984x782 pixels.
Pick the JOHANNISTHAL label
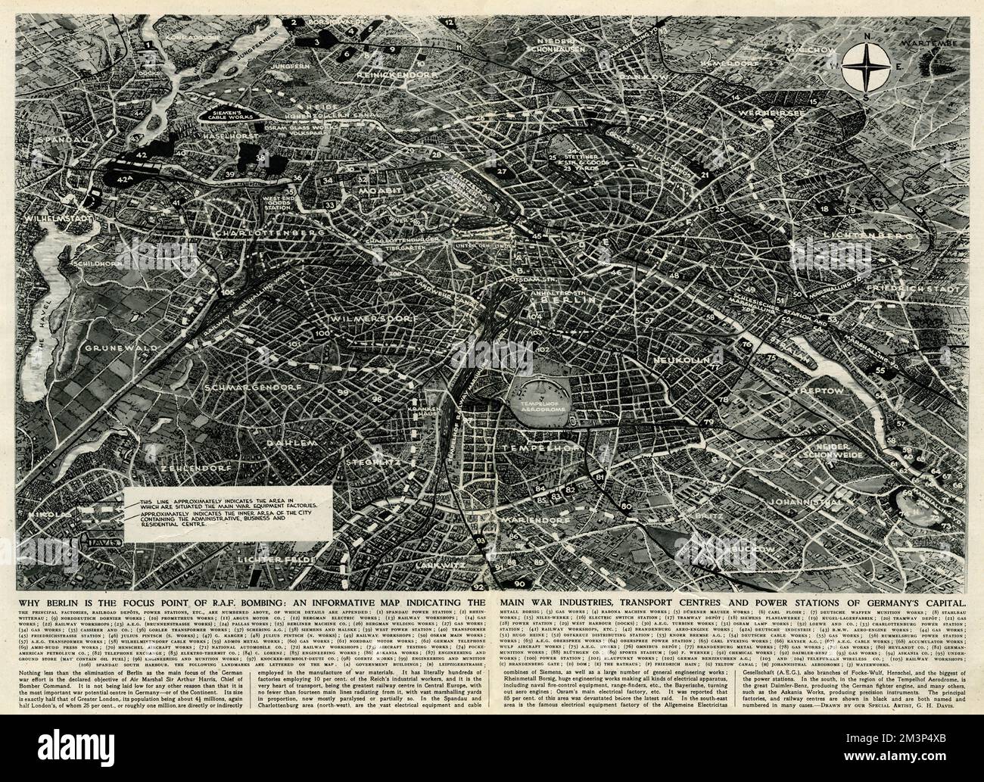[x=803, y=502]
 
